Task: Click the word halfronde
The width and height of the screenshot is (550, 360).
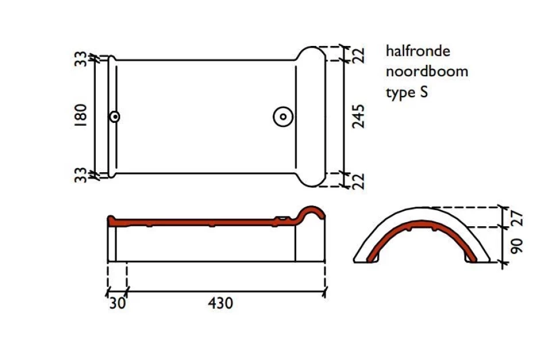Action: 418,51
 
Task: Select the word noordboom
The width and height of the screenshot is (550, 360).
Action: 427,72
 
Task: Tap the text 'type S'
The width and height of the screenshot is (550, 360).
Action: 407,92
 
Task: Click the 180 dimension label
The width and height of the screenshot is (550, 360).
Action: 81,115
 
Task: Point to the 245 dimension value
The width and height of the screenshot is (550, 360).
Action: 358,117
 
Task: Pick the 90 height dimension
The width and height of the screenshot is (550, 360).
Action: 517,246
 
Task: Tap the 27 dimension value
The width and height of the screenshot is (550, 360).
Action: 517,219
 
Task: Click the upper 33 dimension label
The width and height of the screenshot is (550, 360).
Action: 81,59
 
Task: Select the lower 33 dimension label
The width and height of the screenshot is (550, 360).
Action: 81,175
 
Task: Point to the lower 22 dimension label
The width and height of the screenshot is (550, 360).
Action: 358,181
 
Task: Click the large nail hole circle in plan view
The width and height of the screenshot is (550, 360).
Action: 283,117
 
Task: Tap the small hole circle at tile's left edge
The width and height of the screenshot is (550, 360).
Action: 115,117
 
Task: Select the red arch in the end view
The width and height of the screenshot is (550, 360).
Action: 421,222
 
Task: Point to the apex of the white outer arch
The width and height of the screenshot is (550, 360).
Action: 421,207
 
